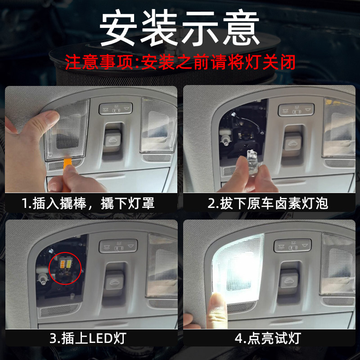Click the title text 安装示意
pyautogui.click(x=179, y=27)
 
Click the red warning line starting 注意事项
pyautogui.click(x=180, y=62)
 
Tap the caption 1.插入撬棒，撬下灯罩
pyautogui.click(x=88, y=203)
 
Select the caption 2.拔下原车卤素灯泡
pyautogui.click(x=268, y=203)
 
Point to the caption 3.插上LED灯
pyautogui.click(x=88, y=338)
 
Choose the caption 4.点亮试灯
pyautogui.click(x=268, y=338)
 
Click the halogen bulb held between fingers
pyautogui.click(x=252, y=158)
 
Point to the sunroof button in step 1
pyautogui.click(x=112, y=140)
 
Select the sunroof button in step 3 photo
pyautogui.click(x=114, y=282)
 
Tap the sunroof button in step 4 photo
pyautogui.click(x=289, y=279)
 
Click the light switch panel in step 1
pyautogui.click(x=116, y=108)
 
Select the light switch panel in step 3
pyautogui.click(x=118, y=246)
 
